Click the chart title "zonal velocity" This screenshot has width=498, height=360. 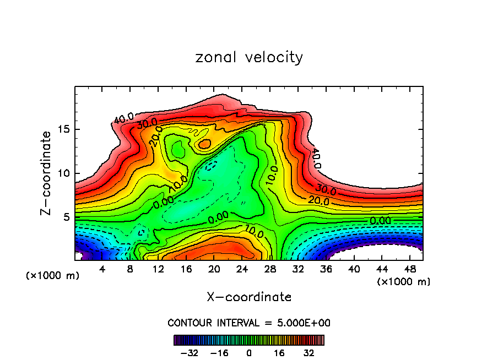click(249, 57)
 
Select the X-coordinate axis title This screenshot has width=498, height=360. click(249, 297)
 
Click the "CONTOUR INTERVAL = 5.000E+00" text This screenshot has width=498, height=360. click(249, 323)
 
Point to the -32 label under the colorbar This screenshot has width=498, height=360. click(192, 352)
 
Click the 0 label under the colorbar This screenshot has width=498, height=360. click(249, 352)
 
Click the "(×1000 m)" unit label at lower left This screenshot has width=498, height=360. click(53, 276)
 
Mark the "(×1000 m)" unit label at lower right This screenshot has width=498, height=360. click(404, 282)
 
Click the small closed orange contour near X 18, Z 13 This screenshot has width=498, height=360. click(205, 144)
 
